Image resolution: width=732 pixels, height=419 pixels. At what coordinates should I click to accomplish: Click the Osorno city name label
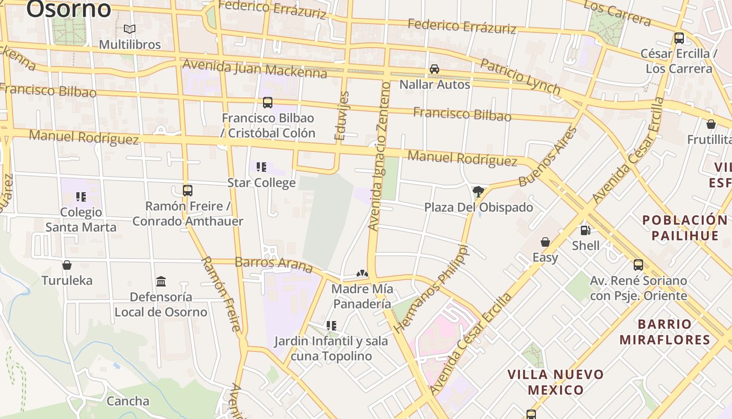click(x=68, y=9)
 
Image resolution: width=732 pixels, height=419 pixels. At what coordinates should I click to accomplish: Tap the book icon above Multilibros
click(x=130, y=29)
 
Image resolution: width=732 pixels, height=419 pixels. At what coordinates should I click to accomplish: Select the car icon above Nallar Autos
click(x=434, y=69)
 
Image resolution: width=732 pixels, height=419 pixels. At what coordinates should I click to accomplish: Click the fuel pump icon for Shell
click(x=585, y=230)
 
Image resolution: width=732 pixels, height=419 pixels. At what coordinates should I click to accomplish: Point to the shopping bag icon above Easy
click(x=545, y=242)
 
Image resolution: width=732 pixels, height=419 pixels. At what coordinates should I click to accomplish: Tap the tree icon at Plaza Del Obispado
click(x=478, y=192)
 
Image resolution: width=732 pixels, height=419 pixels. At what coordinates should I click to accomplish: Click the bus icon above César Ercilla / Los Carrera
click(x=679, y=38)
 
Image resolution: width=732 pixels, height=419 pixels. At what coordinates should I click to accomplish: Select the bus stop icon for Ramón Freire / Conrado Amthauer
click(x=188, y=191)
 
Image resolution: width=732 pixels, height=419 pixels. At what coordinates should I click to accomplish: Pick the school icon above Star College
click(x=261, y=167)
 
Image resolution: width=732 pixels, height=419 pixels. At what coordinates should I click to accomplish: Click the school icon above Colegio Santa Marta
click(x=81, y=197)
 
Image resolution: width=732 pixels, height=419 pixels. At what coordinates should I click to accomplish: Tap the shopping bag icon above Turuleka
click(x=67, y=265)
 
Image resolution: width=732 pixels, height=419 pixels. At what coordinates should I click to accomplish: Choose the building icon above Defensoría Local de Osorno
click(x=161, y=282)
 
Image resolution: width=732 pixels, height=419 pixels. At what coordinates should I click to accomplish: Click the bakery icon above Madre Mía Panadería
click(x=362, y=273)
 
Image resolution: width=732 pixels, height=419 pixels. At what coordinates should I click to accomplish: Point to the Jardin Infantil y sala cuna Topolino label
click(x=331, y=349)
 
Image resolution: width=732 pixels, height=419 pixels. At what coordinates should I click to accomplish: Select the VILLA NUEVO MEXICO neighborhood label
click(x=556, y=382)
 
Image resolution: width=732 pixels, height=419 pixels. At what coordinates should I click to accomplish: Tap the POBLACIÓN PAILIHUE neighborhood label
click(x=684, y=227)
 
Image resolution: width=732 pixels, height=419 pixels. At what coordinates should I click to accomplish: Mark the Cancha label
click(x=128, y=401)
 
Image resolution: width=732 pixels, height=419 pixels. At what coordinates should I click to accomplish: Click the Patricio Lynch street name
click(x=520, y=77)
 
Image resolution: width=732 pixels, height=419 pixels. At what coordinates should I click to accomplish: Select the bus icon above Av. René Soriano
click(x=638, y=265)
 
